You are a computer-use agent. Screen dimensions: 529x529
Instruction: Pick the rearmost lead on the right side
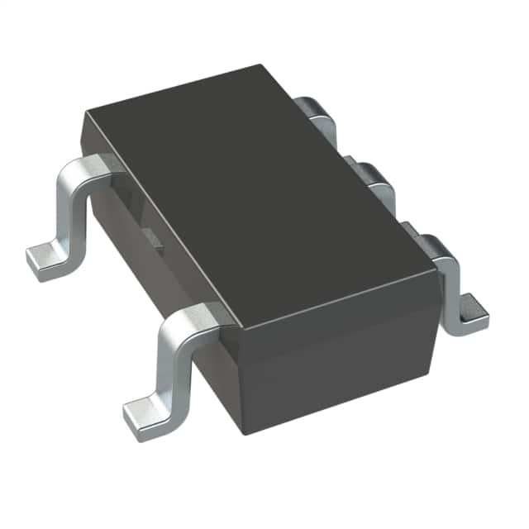point(318,111)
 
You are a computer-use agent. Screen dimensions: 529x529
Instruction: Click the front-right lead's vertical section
point(450,289)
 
